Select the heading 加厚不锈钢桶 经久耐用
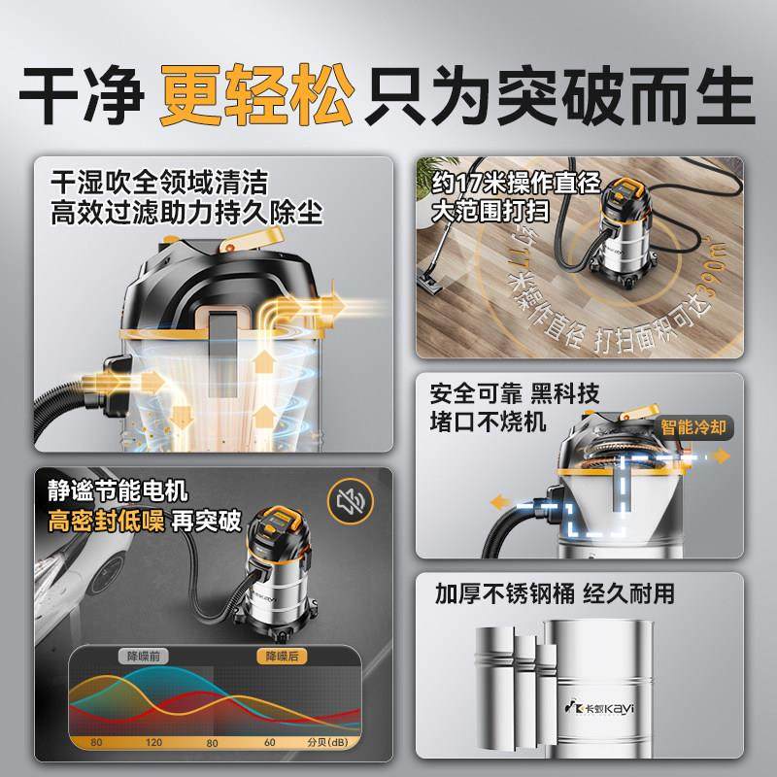click(554, 593)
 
